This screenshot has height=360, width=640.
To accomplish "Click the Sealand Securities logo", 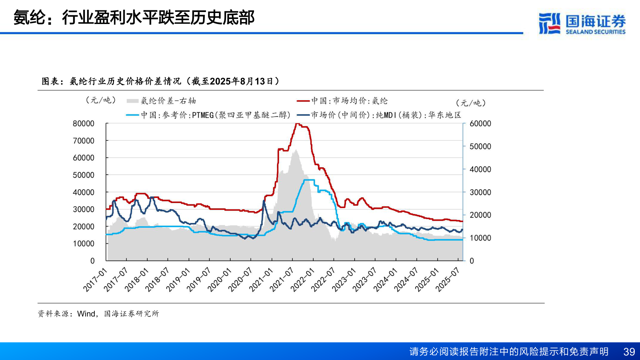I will tap(582, 23).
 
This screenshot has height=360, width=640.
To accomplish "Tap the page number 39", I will tap(629, 352).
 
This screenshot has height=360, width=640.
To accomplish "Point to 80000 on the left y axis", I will tap(83, 124).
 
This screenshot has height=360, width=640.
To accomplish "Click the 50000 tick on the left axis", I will tap(83, 175).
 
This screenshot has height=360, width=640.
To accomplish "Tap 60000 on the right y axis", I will tap(480, 124).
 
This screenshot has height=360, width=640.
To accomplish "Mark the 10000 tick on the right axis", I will tap(480, 238).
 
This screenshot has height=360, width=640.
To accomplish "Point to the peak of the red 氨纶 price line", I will tap(297, 124).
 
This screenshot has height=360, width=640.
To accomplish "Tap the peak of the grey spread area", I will tap(296, 150).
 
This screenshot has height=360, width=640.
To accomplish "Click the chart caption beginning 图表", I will tap(160, 81).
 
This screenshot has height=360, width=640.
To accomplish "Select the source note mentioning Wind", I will tap(98, 314).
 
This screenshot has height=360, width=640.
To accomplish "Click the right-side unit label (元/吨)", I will tap(471, 103).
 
